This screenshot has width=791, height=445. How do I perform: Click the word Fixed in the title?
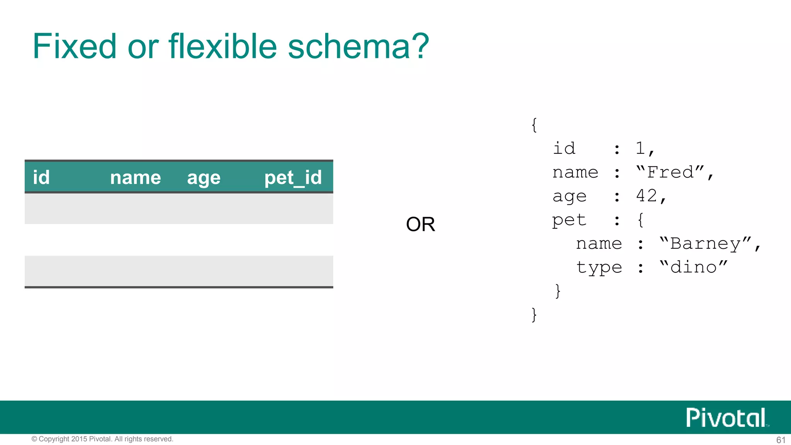(x=74, y=46)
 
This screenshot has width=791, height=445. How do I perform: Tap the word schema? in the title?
(x=358, y=46)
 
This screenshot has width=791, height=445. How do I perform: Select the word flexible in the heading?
(x=222, y=46)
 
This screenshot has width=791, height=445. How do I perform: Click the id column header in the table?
(x=41, y=177)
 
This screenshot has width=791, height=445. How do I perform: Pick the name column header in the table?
(x=135, y=178)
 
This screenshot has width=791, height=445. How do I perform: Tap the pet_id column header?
(x=293, y=178)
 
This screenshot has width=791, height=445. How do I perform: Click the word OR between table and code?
(x=420, y=224)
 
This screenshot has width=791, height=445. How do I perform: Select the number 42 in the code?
(x=647, y=196)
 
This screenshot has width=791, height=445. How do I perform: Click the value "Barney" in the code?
(x=705, y=243)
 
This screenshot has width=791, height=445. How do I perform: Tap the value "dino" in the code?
(x=693, y=267)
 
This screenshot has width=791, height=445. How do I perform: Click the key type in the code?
(x=599, y=268)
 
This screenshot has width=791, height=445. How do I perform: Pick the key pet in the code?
(x=569, y=220)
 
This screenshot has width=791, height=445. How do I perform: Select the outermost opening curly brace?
(x=534, y=125)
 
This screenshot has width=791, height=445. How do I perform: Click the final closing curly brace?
(x=534, y=314)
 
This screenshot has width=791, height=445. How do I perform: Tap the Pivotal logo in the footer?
(x=726, y=418)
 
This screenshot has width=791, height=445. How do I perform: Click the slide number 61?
(x=781, y=440)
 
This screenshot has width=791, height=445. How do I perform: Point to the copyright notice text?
(x=102, y=439)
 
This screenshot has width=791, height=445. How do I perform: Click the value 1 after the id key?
(x=640, y=148)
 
